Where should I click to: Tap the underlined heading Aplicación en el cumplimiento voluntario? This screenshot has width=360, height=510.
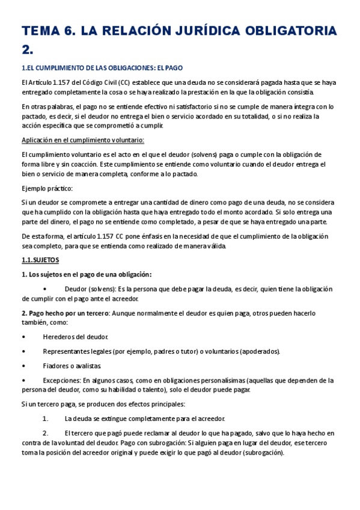(x=83, y=140)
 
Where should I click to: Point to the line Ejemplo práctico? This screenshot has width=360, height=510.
(x=47, y=188)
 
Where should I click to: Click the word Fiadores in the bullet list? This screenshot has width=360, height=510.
(x=56, y=366)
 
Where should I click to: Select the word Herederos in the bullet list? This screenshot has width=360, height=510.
(x=59, y=337)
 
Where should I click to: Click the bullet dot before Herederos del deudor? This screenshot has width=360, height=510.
(x=23, y=337)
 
